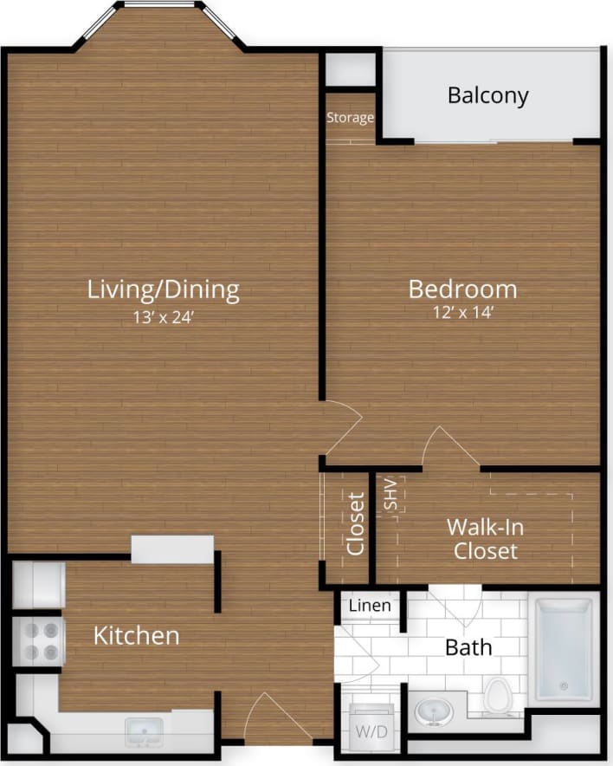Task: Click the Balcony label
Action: click(487, 94)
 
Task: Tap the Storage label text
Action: click(350, 118)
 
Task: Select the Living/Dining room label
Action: click(163, 289)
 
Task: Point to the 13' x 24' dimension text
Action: click(163, 317)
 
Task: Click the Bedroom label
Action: click(462, 289)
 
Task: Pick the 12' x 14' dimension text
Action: click(462, 313)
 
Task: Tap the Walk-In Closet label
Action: click(486, 538)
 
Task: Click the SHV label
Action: click(390, 494)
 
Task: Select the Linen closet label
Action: click(370, 607)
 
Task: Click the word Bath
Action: click(468, 646)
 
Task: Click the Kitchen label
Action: click(136, 636)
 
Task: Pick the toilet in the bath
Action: click(498, 696)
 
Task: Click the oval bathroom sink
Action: click(433, 711)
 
